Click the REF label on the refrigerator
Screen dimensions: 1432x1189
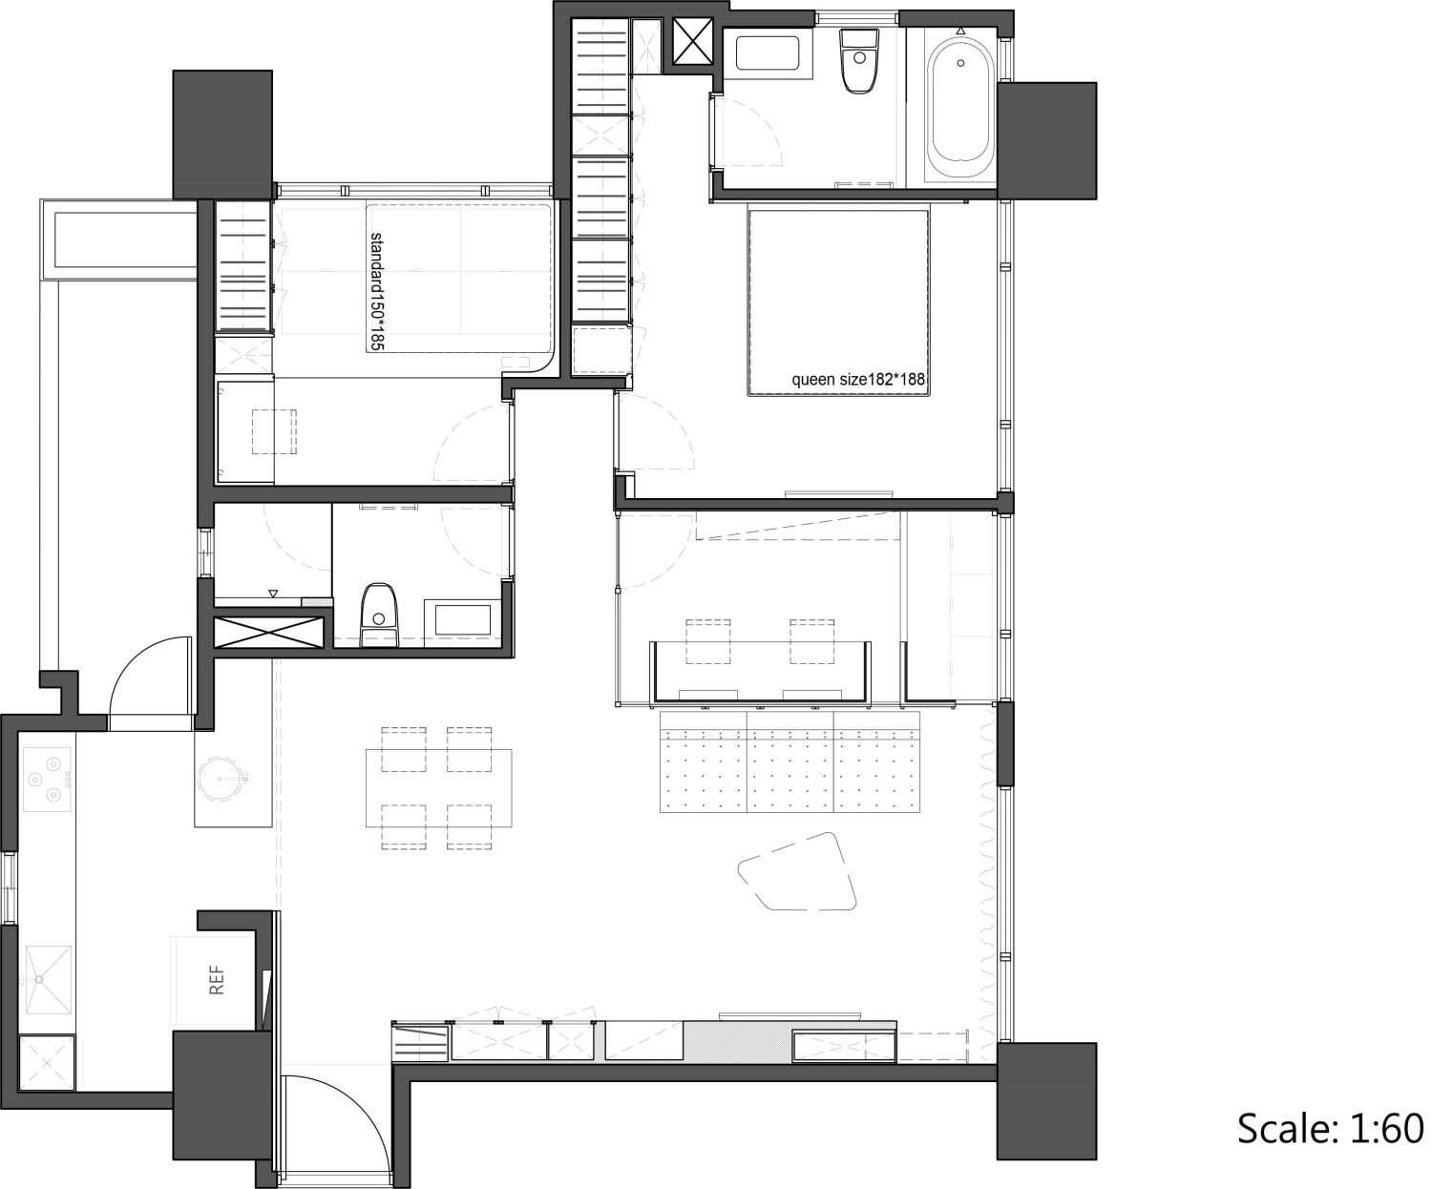[x=217, y=980]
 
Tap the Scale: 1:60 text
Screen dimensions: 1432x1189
[x=1331, y=1128]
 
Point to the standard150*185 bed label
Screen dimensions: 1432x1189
[x=376, y=291]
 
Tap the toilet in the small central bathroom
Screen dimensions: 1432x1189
[x=378, y=615]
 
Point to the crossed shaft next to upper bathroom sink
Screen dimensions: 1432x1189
[x=693, y=42]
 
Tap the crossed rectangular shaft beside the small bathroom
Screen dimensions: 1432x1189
[x=268, y=633]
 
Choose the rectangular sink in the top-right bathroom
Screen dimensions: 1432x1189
[x=768, y=52]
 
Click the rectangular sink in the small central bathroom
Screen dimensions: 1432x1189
[x=464, y=619]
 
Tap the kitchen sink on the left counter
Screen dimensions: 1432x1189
[x=48, y=978]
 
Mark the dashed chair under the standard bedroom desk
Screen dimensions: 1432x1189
[x=274, y=431]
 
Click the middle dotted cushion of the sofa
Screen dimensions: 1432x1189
[x=790, y=761]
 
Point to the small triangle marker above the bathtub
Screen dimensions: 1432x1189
[x=960, y=31]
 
